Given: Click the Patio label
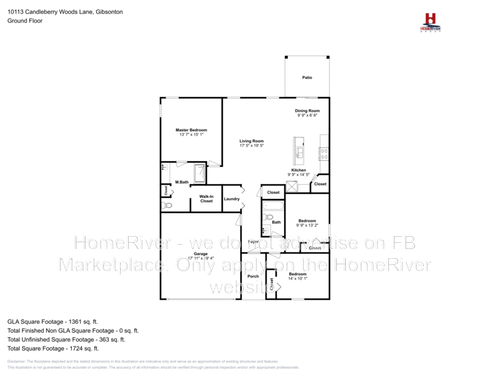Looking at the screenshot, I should pyautogui.click(x=307, y=78).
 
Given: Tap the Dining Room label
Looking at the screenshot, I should pyautogui.click(x=307, y=110).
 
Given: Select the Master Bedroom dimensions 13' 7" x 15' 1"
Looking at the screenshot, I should pyautogui.click(x=191, y=134).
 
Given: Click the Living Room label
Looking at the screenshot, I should pyautogui.click(x=251, y=141).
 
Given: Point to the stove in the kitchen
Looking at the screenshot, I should pyautogui.click(x=324, y=153).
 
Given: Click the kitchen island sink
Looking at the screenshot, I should pyautogui.click(x=300, y=151).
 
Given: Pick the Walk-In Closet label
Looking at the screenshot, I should pyautogui.click(x=206, y=199).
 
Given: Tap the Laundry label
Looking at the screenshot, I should pyautogui.click(x=232, y=199).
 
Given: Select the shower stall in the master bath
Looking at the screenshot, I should pyautogui.click(x=200, y=174).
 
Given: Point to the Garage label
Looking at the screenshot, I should pyautogui.click(x=201, y=253).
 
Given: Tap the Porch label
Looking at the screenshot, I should pyautogui.click(x=253, y=276).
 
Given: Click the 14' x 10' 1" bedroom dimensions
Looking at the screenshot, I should pyautogui.click(x=298, y=278).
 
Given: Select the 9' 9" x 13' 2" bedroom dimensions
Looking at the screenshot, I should pyautogui.click(x=307, y=225).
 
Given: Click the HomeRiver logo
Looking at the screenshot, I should pyautogui.click(x=430, y=21).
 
